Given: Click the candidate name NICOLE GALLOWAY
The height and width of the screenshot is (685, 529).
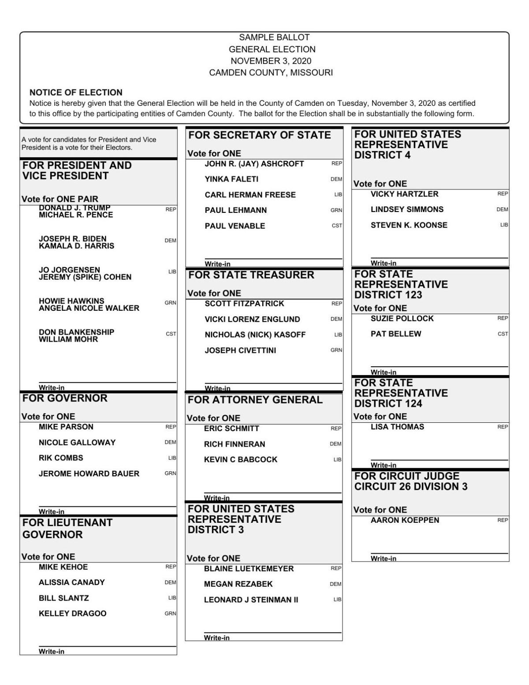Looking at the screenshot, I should [x=77, y=443].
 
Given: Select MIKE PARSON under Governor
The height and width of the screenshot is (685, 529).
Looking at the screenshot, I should [x=66, y=427].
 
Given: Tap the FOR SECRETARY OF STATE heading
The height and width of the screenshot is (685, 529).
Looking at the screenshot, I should [x=260, y=135].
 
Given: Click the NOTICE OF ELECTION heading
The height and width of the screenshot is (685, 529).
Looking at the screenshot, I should [x=76, y=93].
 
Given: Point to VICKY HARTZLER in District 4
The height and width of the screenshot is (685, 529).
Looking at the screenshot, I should [x=404, y=194].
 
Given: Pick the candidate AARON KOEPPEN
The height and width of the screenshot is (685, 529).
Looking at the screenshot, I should [x=405, y=520].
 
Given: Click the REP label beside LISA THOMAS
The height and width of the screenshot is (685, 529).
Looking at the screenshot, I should [x=503, y=427].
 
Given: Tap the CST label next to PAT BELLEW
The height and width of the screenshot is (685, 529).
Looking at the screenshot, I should [x=503, y=334].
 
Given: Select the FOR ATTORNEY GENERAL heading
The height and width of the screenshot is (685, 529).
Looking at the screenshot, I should [x=255, y=400].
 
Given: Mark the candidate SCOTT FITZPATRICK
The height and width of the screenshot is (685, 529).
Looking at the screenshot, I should [x=244, y=304].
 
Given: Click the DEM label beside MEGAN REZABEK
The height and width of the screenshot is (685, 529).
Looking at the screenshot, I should [x=335, y=584].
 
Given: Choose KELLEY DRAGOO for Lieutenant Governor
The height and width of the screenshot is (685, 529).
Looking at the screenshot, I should [x=72, y=614].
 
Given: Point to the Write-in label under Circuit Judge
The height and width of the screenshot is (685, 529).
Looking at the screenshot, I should [x=384, y=558].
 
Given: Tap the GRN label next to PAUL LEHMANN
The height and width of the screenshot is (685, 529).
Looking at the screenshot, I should [x=336, y=211].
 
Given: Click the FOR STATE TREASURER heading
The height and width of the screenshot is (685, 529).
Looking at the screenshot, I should [x=251, y=275].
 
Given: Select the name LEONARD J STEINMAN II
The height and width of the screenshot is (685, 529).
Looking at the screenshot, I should [x=251, y=600].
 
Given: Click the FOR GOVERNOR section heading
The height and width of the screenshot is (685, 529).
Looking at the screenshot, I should [x=65, y=398].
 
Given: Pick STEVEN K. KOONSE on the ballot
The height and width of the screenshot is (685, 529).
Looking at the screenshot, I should [x=409, y=225].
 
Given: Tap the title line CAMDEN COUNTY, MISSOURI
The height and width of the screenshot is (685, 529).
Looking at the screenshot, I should [x=271, y=73].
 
